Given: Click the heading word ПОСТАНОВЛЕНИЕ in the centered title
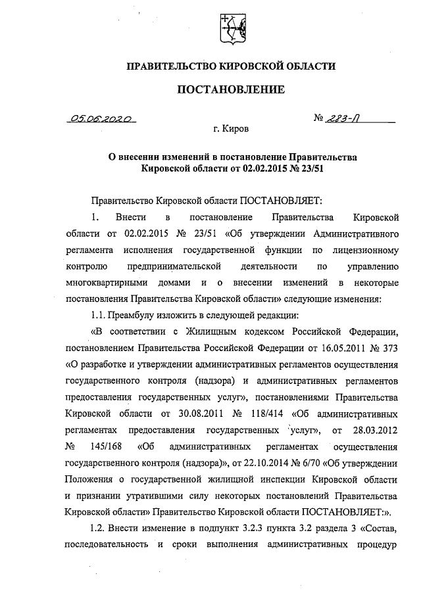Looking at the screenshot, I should pos(230,89).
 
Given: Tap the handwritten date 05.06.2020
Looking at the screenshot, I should pos(102,120).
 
